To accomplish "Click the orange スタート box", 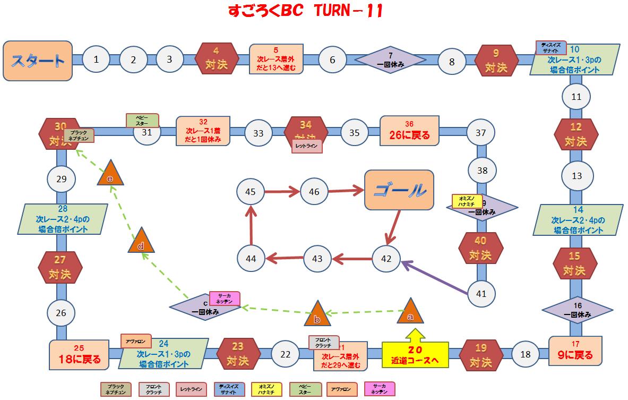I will point(38,61).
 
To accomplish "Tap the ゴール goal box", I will point(399,190).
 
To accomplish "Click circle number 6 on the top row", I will point(332,59).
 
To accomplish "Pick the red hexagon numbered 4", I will point(216,59).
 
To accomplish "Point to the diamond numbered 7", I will point(390,59).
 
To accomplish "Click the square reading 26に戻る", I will point(409,131).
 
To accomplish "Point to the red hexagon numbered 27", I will point(61,267).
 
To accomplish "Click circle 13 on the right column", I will point(577,175).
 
